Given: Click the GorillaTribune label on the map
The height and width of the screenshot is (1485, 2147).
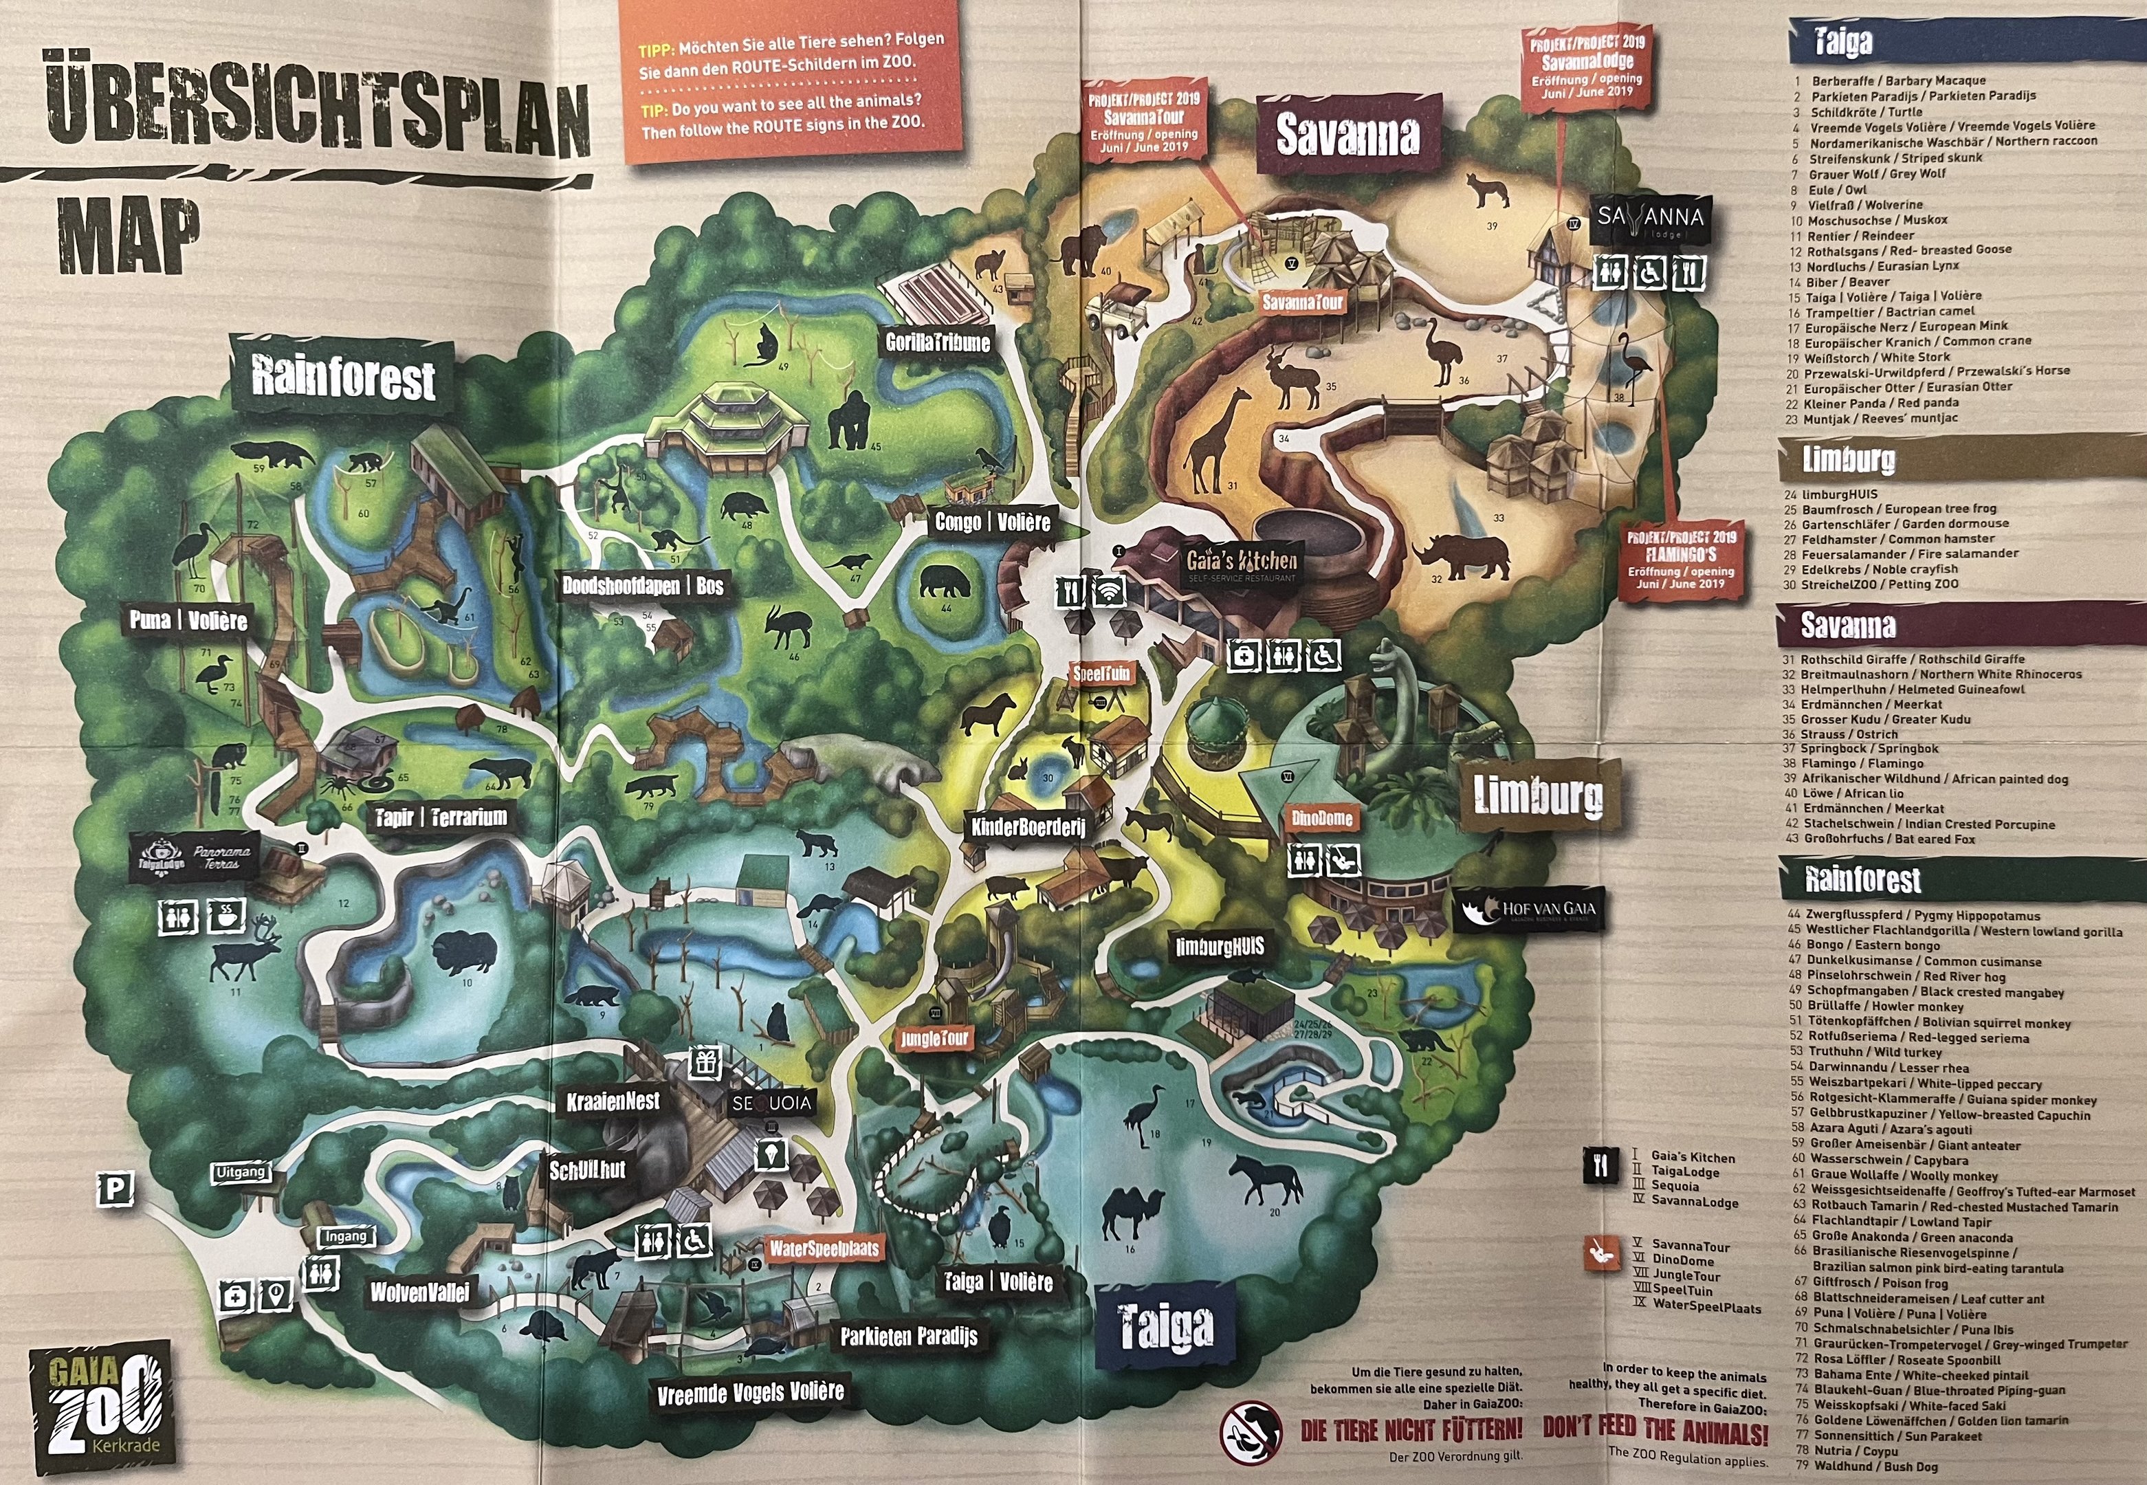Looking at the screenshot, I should click(937, 342).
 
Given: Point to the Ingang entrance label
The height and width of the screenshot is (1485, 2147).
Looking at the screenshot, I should click(346, 1237).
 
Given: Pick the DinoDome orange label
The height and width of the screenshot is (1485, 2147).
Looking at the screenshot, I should click(1321, 819).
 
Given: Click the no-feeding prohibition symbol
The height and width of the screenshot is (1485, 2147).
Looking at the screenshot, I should click(1249, 1430).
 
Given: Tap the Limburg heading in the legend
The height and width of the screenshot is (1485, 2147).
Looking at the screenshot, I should click(1847, 460).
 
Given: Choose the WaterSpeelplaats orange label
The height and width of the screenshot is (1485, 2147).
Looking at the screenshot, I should click(824, 1248).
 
